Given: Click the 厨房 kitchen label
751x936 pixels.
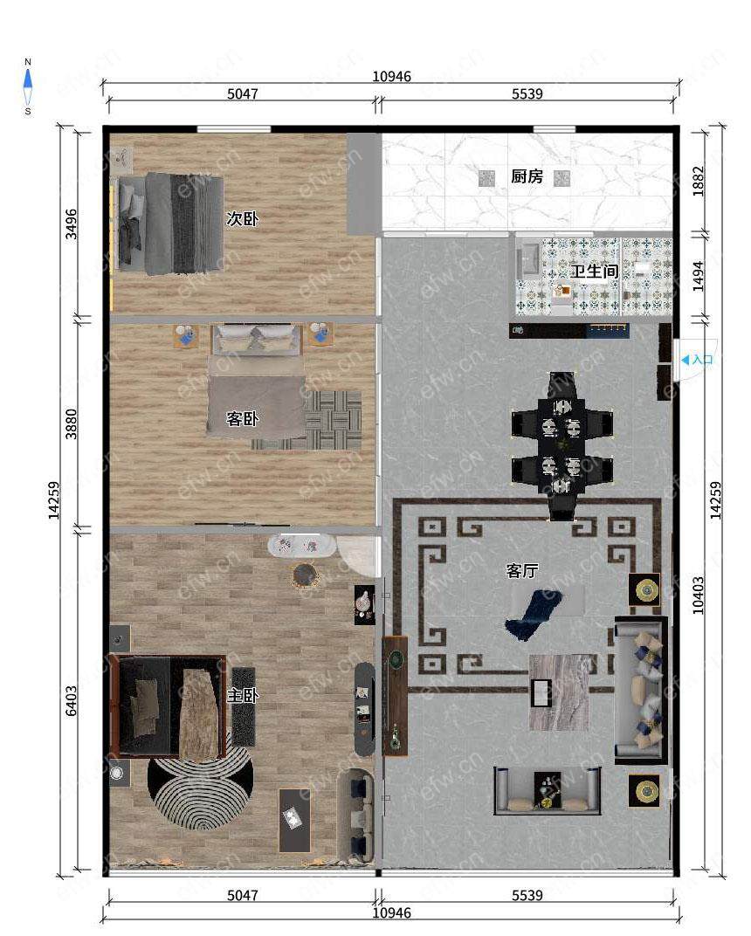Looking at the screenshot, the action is coord(527,176).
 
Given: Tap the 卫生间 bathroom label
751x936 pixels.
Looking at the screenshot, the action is coord(594,271).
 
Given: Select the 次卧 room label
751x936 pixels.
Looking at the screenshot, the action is coord(243,218).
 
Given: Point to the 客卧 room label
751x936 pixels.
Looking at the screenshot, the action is coord(243,418).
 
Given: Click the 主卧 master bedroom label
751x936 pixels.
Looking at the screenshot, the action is coord(243,695).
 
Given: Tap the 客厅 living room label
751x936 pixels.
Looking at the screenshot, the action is coord(521,571).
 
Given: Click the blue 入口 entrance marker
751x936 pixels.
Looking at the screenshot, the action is coord(697,360).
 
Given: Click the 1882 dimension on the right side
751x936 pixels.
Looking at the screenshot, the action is coord(698,181).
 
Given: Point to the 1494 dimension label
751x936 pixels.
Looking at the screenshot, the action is coord(698,277).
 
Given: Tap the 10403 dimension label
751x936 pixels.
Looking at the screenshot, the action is coord(698,595).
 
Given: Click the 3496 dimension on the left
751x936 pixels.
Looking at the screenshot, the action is coord(71,224).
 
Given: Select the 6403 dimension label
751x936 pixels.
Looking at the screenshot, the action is coord(71,701).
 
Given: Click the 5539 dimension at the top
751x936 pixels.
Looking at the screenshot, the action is coord(527,93).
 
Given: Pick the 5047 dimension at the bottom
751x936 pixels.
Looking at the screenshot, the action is coord(243,895).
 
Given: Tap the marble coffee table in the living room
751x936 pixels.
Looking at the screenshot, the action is coord(559,692).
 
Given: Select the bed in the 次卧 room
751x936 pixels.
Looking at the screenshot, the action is coord(171,224).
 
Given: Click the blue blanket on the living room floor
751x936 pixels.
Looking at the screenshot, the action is coord(532,615).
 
